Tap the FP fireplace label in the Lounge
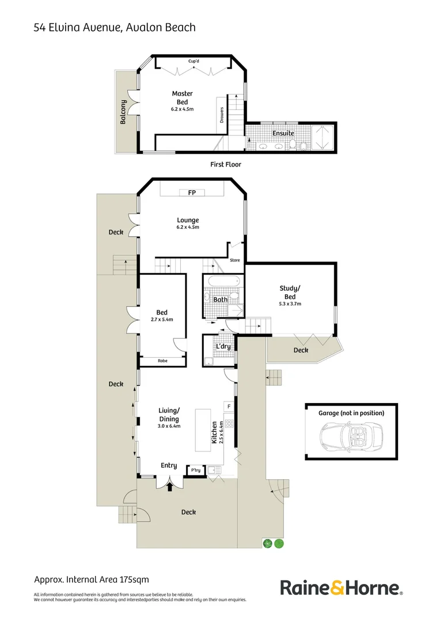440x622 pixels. point(192,192)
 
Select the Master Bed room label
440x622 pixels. point(183,98)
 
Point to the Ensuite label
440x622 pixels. point(283,134)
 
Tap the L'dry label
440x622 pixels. point(222,347)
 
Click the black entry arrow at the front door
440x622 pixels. point(169,487)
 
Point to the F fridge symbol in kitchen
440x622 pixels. point(229,407)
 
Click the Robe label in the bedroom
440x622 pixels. point(162,361)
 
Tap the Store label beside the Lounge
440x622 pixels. point(235,260)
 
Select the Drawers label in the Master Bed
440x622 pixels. point(222,115)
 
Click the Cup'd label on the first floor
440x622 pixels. point(194,61)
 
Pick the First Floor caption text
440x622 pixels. point(226,164)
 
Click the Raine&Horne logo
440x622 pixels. point(341,588)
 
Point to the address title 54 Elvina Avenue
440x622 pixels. point(115,27)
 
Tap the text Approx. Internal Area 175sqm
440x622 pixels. point(91,579)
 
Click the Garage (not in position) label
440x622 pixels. point(351,413)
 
